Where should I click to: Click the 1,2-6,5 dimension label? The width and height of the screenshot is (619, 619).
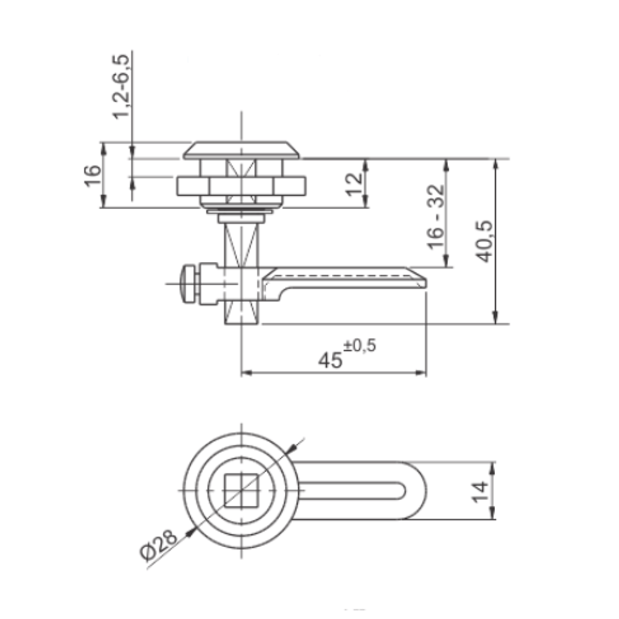pos(121,86)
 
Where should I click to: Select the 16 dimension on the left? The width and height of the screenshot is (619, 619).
pos(93,176)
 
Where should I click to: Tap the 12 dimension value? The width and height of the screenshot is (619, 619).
pos(354,184)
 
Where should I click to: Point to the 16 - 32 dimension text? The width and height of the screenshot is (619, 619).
pos(436,217)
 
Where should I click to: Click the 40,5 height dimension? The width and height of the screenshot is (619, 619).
pos(484,241)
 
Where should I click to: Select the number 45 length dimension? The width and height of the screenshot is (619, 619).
pos(330,360)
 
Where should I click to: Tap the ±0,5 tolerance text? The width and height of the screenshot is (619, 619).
pos(360,346)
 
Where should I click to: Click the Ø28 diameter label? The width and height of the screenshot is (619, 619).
pos(158,545)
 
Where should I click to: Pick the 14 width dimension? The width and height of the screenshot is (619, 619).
pos(480,491)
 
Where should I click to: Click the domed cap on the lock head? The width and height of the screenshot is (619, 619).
pos(241,150)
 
